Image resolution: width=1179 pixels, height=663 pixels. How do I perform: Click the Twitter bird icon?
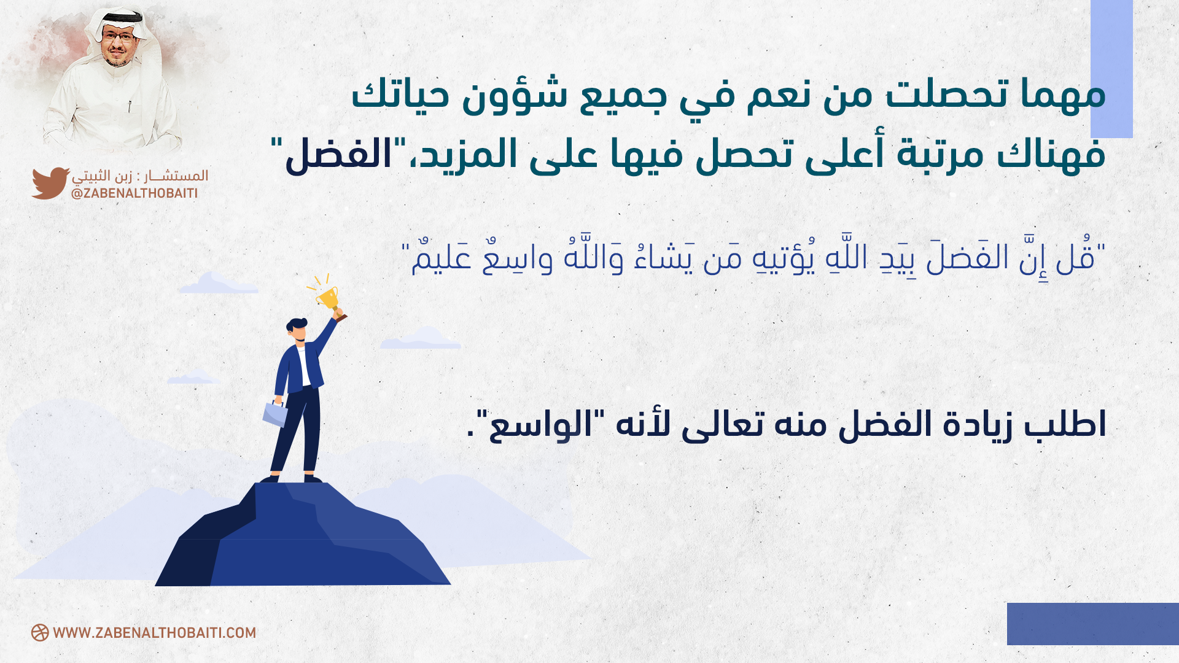coord(50,183)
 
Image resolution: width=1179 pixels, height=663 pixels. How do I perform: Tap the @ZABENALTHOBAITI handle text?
coord(134,193)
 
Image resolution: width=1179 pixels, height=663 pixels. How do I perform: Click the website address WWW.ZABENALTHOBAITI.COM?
coord(155,633)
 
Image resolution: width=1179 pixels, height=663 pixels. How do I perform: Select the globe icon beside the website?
coord(40,633)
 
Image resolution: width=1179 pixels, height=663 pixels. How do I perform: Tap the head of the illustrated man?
coord(297,330)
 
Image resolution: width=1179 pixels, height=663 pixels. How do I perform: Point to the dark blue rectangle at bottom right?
coord(1093,624)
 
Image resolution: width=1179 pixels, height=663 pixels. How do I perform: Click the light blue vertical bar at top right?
coord(1111,69)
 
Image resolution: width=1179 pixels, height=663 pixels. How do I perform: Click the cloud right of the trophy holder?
coord(421,338)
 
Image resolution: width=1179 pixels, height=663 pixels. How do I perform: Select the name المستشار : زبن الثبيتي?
coord(140,176)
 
